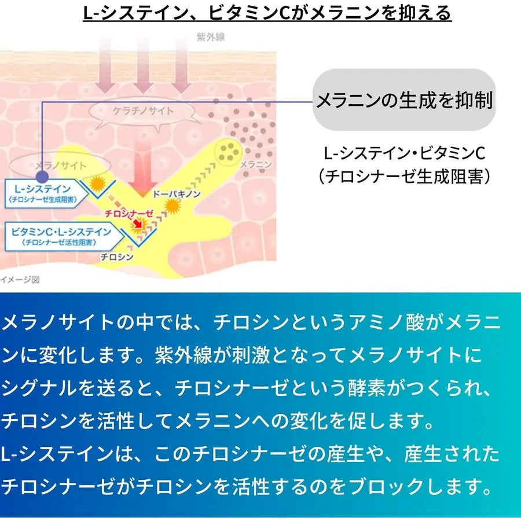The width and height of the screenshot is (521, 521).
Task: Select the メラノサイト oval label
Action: (60, 166)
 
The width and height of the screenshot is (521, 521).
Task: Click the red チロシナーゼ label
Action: (129, 213)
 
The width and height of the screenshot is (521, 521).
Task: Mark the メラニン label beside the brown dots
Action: (255, 164)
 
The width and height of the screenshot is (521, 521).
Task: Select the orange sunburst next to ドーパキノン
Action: (172, 206)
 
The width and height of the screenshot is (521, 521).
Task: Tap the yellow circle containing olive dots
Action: (227, 152)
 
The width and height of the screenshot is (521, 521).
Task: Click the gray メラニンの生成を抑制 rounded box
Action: (404, 100)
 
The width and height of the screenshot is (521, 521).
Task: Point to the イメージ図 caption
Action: (20, 279)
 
